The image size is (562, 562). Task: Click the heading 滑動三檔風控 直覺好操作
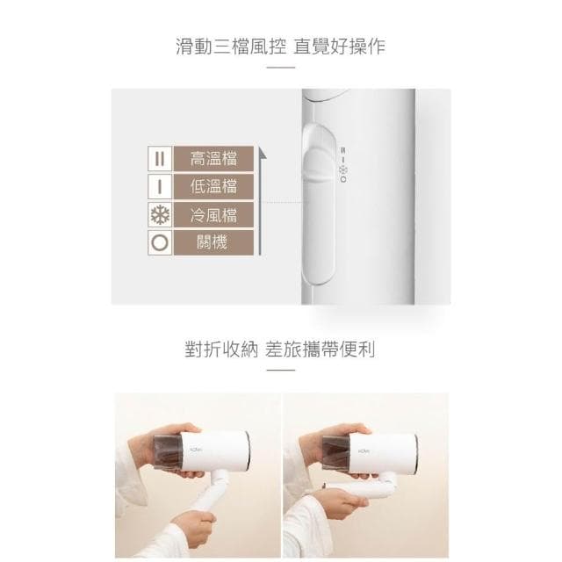coord(281,46)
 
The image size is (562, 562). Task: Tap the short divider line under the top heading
coord(281,68)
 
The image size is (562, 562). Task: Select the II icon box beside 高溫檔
coord(159,159)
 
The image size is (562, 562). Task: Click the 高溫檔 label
coord(213,159)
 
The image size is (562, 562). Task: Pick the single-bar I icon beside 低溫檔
coord(159,186)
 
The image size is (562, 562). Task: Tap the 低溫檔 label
coord(213,186)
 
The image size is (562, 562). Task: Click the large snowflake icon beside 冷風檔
coord(159,214)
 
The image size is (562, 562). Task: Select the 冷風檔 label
coord(213,214)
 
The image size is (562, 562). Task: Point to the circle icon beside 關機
coord(159,241)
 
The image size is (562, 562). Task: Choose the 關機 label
coord(213,241)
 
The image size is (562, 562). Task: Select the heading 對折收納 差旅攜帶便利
coord(281,349)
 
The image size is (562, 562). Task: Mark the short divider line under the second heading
coord(281,371)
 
